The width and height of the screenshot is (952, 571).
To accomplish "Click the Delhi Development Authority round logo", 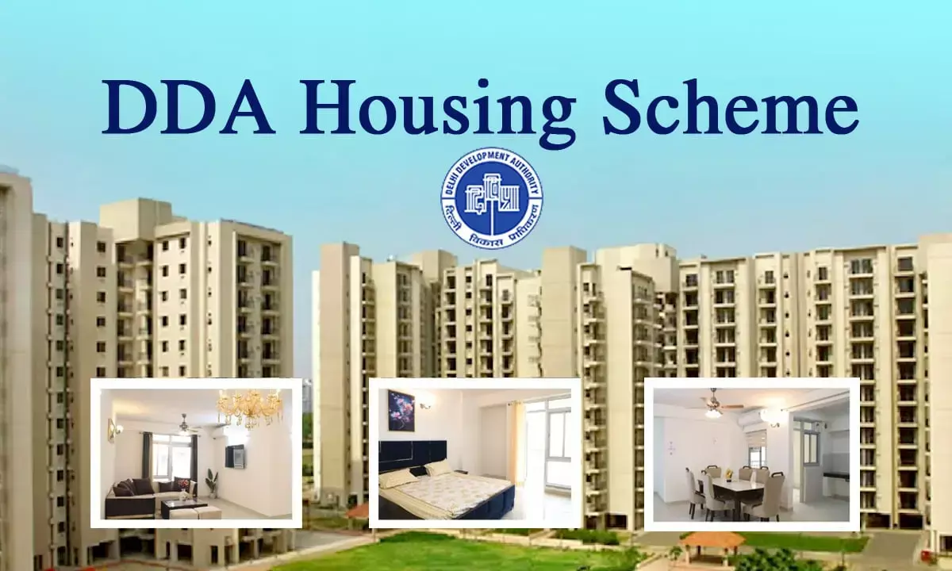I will click(492, 198).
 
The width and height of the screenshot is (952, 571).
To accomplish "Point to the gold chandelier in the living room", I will click(250, 407).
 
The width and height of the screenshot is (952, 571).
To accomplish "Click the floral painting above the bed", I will click(401, 410).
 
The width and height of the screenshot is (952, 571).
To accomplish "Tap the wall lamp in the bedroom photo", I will click(426, 404).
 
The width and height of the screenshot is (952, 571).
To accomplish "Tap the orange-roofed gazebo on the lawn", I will click(714, 540).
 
